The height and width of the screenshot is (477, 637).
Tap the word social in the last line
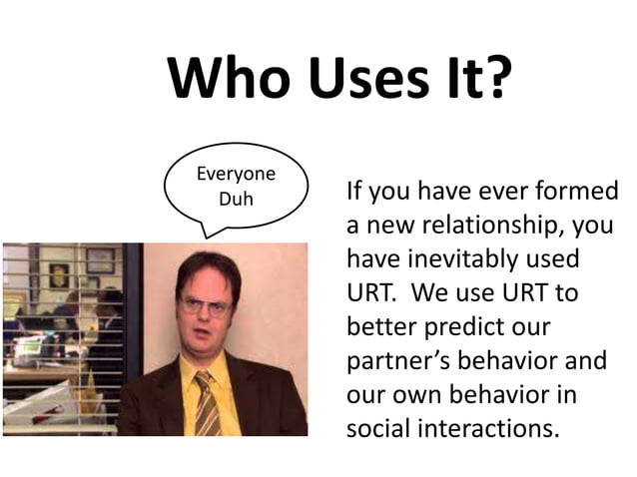377,429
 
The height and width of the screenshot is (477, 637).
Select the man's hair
208,264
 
